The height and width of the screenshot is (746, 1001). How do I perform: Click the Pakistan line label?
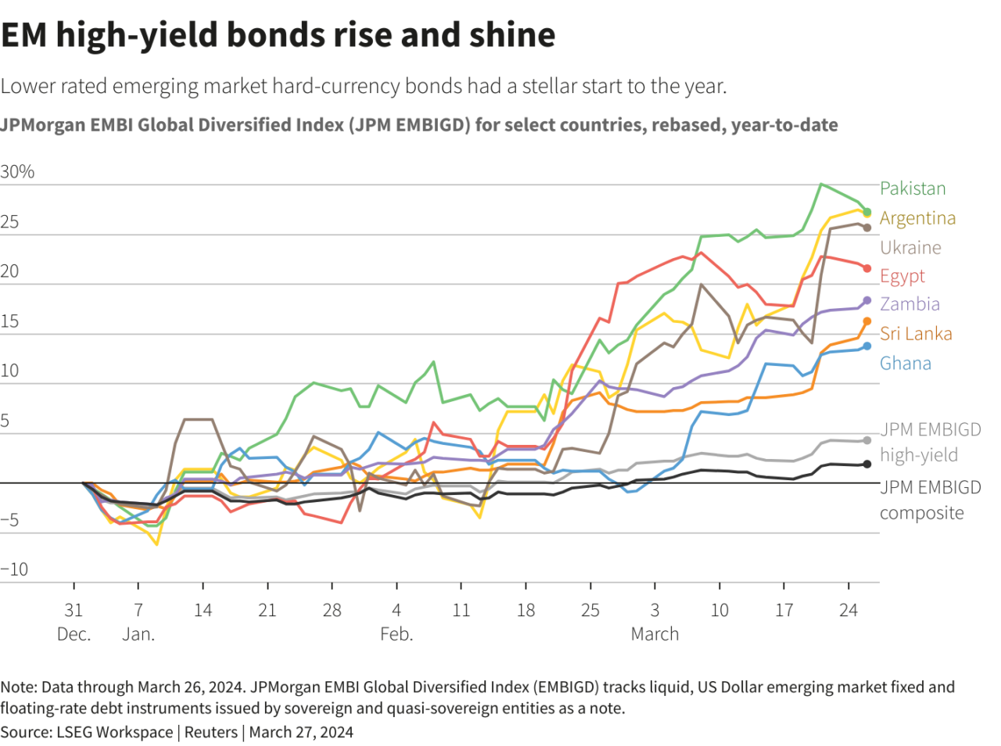(x=913, y=188)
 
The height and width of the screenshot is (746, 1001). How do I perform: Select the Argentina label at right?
(x=917, y=218)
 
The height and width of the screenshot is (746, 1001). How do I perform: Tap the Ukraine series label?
(x=910, y=248)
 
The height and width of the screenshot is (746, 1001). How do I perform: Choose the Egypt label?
(x=902, y=276)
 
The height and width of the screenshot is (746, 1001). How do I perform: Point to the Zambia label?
(x=910, y=304)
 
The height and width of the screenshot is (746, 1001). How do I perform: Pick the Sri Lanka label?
(x=916, y=334)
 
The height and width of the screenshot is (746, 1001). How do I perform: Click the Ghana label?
(x=906, y=364)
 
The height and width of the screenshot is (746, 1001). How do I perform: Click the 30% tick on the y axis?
(x=17, y=172)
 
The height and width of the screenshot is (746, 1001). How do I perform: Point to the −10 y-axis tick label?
(x=14, y=569)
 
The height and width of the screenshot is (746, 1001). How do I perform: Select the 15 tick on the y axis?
(x=9, y=321)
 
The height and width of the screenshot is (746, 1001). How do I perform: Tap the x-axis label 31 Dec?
(x=74, y=622)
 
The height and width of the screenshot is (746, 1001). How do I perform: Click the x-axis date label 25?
(x=590, y=611)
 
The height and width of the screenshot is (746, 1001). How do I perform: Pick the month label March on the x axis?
(x=655, y=634)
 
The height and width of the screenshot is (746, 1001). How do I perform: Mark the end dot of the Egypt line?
(x=866, y=268)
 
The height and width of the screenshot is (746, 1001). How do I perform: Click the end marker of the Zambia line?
(x=866, y=300)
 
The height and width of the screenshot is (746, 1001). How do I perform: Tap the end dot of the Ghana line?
(x=866, y=346)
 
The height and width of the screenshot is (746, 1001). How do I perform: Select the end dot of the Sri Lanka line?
(x=866, y=321)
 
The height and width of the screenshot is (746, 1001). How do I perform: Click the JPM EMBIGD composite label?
(x=930, y=500)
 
